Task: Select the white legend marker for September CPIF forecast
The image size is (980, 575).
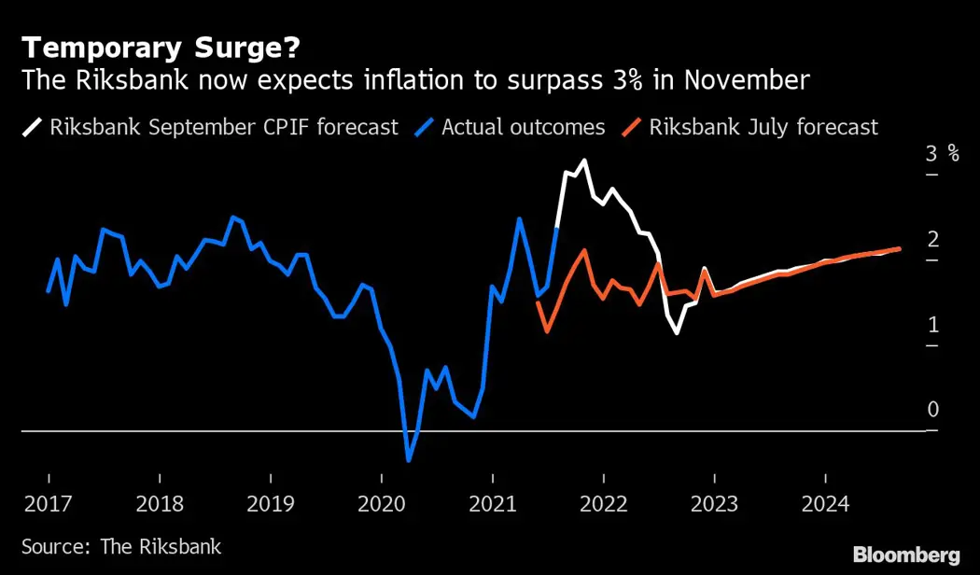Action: pos(34,126)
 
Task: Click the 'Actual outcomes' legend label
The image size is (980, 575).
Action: pos(523,126)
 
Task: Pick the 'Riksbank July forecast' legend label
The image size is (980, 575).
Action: pos(763,126)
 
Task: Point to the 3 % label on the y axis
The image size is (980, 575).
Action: pos(942,154)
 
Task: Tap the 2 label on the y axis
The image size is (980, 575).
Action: pos(931,240)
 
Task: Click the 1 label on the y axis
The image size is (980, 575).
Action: pos(931,325)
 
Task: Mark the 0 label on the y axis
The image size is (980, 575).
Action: pos(931,410)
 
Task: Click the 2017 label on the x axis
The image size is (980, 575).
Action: pos(48,504)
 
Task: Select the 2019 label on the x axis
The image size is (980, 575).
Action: pos(270,504)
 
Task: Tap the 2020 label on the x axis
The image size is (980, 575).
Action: pos(382,504)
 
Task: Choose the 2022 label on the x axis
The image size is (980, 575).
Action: pos(603,504)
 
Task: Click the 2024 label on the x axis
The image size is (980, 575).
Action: pos(825,504)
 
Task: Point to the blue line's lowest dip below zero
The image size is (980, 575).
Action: pos(408,460)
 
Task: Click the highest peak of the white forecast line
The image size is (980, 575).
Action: pos(584,161)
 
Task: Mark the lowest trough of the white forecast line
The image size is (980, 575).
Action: pos(677,333)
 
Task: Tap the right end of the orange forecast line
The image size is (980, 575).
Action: pos(899,249)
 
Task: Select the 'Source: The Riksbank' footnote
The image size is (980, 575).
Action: pos(121,546)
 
